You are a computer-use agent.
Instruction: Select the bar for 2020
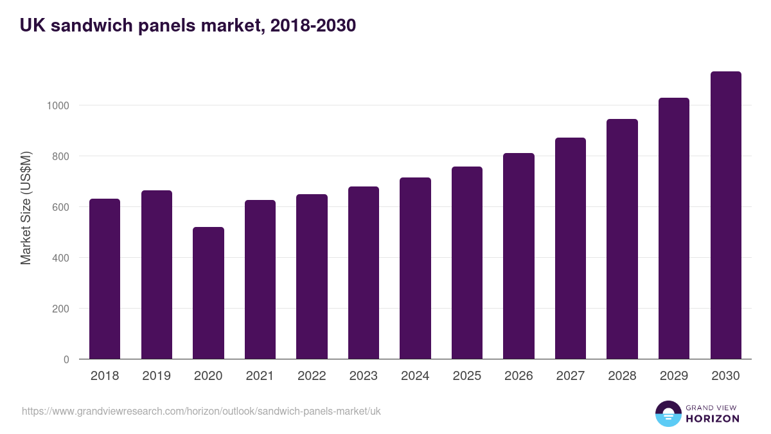click(x=208, y=293)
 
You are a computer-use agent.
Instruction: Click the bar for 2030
click(x=725, y=215)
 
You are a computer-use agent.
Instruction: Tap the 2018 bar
click(x=105, y=279)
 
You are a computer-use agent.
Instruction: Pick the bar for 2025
click(x=467, y=263)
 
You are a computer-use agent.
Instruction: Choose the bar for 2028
click(x=622, y=239)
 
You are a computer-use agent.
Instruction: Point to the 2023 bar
click(x=364, y=273)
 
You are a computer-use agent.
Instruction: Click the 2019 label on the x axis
click(x=156, y=376)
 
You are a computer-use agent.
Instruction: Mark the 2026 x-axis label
click(x=518, y=376)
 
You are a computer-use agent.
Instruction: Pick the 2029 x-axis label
click(x=674, y=376)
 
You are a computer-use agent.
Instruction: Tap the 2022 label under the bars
click(x=312, y=376)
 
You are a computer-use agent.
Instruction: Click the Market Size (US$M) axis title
click(x=26, y=207)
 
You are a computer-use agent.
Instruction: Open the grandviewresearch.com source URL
click(x=201, y=411)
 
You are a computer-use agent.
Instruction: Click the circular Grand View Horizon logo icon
click(x=668, y=413)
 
